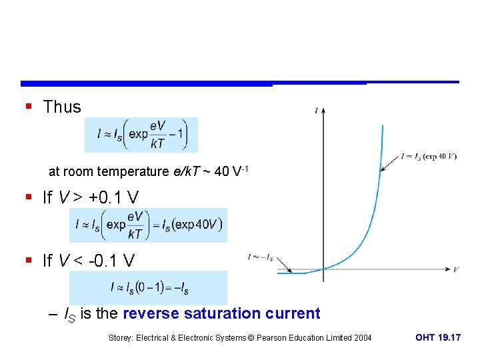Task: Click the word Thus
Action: coord(62,107)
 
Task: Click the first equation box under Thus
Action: coord(141,135)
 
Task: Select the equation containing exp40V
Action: coord(148,225)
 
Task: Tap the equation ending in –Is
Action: coord(148,288)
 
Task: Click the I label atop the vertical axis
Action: coord(316,111)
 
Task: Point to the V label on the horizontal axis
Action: coord(455,269)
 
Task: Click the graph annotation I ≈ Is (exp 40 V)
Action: coord(429,157)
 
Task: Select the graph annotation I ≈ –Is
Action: coord(260,257)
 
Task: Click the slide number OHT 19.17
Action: coord(437,338)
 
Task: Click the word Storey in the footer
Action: coord(121,338)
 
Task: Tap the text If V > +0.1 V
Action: coord(91,197)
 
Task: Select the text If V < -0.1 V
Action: coord(91,261)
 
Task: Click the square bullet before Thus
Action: coord(29,107)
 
